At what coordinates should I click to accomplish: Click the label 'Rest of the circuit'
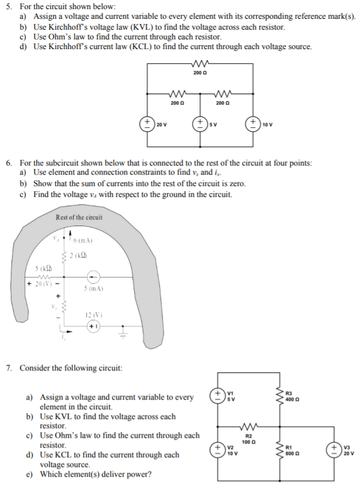click(x=79, y=217)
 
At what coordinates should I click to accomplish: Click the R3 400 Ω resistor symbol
click(x=279, y=396)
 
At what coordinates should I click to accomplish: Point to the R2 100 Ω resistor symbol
click(x=248, y=427)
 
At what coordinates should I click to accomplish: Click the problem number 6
click(x=9, y=162)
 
